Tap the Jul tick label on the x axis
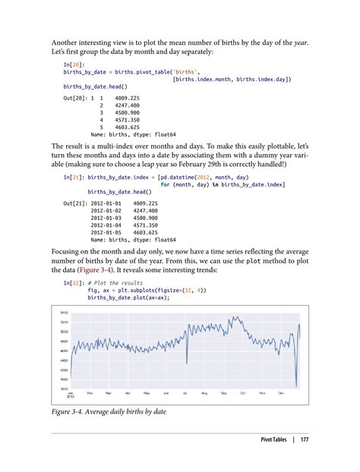click(x=185, y=392)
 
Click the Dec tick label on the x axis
click(x=280, y=392)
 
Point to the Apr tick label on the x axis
click(x=128, y=392)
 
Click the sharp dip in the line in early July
click(x=187, y=364)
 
